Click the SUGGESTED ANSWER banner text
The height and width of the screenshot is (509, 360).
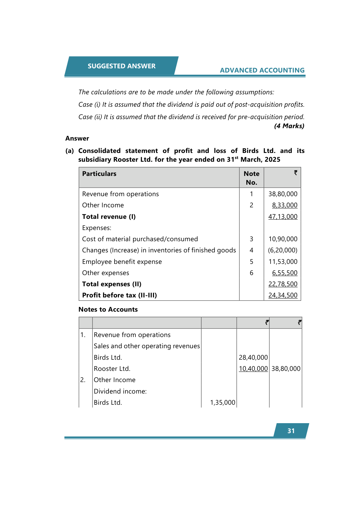pos(122,66)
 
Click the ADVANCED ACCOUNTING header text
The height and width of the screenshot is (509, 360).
pos(262,70)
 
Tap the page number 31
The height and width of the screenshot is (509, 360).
pos(291,431)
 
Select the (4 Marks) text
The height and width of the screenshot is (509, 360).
pos(289,126)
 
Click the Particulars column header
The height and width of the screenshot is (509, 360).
pos(99,174)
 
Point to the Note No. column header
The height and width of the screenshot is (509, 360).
pos(251,178)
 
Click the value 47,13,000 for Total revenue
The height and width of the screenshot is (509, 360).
pos(283,217)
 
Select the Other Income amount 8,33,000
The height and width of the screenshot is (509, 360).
pos(284,205)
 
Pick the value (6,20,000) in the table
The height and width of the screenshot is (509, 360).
pos(283,250)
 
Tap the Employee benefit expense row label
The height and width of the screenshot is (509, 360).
pos(122,262)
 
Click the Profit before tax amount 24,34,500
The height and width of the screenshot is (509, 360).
pos(283,295)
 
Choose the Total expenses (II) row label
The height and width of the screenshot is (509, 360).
pos(112,284)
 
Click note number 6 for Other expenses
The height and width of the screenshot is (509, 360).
pos(251,273)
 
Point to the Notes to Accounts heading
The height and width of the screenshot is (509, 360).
pos(108,310)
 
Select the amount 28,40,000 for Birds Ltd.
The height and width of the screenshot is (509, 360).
pos(253,358)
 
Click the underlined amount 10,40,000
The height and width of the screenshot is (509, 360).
pos(253,369)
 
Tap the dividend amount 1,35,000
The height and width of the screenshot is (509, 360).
pos(222,403)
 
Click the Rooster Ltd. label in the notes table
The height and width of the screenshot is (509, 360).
pos(112,369)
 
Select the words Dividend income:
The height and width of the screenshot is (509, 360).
pos(120,391)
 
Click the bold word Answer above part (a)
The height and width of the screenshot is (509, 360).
pos(77,138)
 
